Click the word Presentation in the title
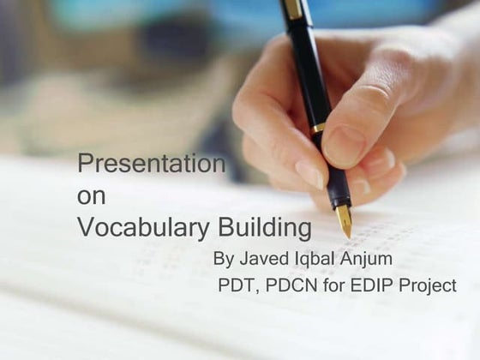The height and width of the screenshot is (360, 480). [x=151, y=163]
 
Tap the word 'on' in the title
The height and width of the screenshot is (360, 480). [x=92, y=195]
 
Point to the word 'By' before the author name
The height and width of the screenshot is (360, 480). [x=222, y=258]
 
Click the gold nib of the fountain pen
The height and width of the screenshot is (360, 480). [x=344, y=220]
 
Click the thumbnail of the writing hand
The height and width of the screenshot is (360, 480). [x=342, y=146]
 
